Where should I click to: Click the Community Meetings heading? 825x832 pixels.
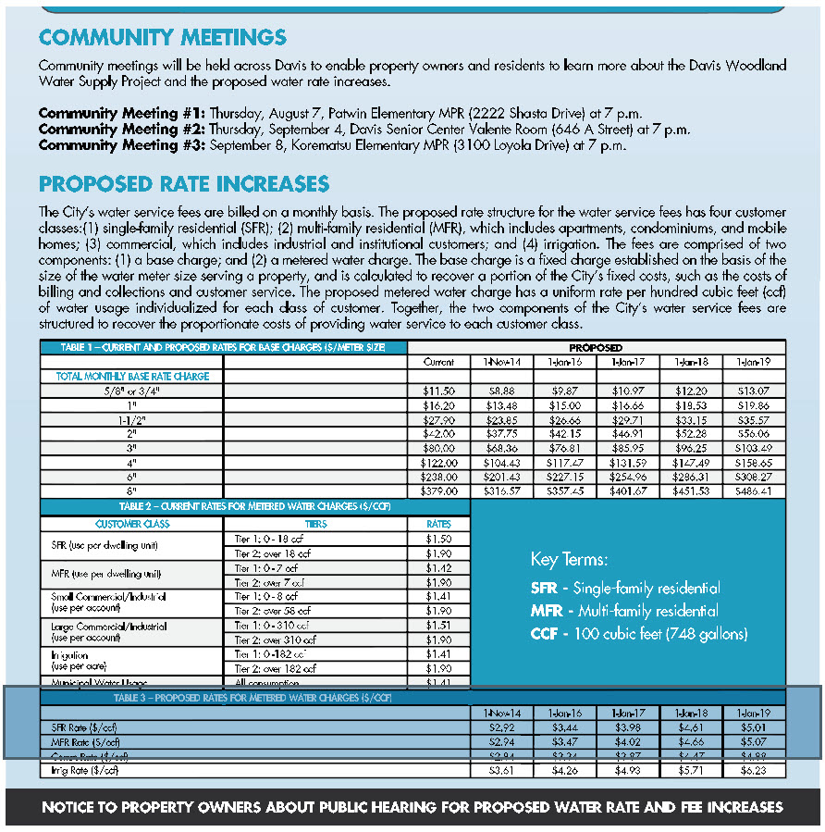pyautogui.click(x=163, y=38)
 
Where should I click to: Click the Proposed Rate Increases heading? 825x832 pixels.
pyautogui.click(x=184, y=183)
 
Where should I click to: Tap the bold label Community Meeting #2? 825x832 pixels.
pyautogui.click(x=122, y=130)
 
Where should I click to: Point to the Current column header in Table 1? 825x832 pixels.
pyautogui.click(x=438, y=362)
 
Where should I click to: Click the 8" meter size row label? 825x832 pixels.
pyautogui.click(x=130, y=491)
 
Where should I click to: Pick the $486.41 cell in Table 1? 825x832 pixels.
pyautogui.click(x=754, y=491)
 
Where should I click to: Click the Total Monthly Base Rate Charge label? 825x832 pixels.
pyautogui.click(x=132, y=377)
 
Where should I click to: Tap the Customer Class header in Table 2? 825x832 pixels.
pyautogui.click(x=132, y=524)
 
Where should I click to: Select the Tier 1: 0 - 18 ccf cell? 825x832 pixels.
pyautogui.click(x=266, y=538)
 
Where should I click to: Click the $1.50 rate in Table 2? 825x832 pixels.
pyautogui.click(x=438, y=538)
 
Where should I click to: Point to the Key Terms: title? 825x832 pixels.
pyautogui.click(x=569, y=560)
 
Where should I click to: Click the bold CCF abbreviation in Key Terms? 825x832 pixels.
pyautogui.click(x=545, y=634)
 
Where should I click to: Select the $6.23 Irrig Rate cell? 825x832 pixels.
pyautogui.click(x=754, y=770)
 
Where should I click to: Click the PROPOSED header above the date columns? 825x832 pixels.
pyautogui.click(x=597, y=348)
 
